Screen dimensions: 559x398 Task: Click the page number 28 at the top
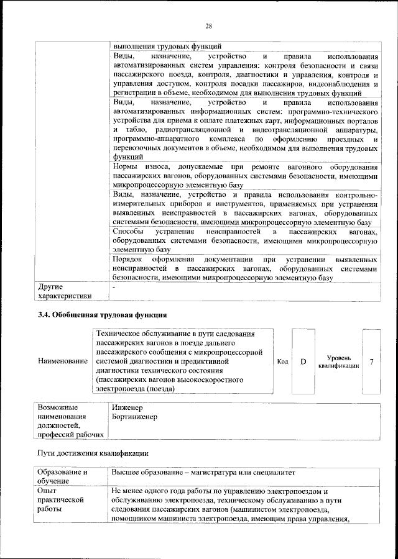click(208, 25)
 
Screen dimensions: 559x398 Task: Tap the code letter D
click(303, 361)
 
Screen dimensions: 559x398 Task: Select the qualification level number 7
click(371, 361)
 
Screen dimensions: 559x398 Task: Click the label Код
click(282, 361)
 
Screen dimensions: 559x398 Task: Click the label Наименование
click(63, 361)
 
